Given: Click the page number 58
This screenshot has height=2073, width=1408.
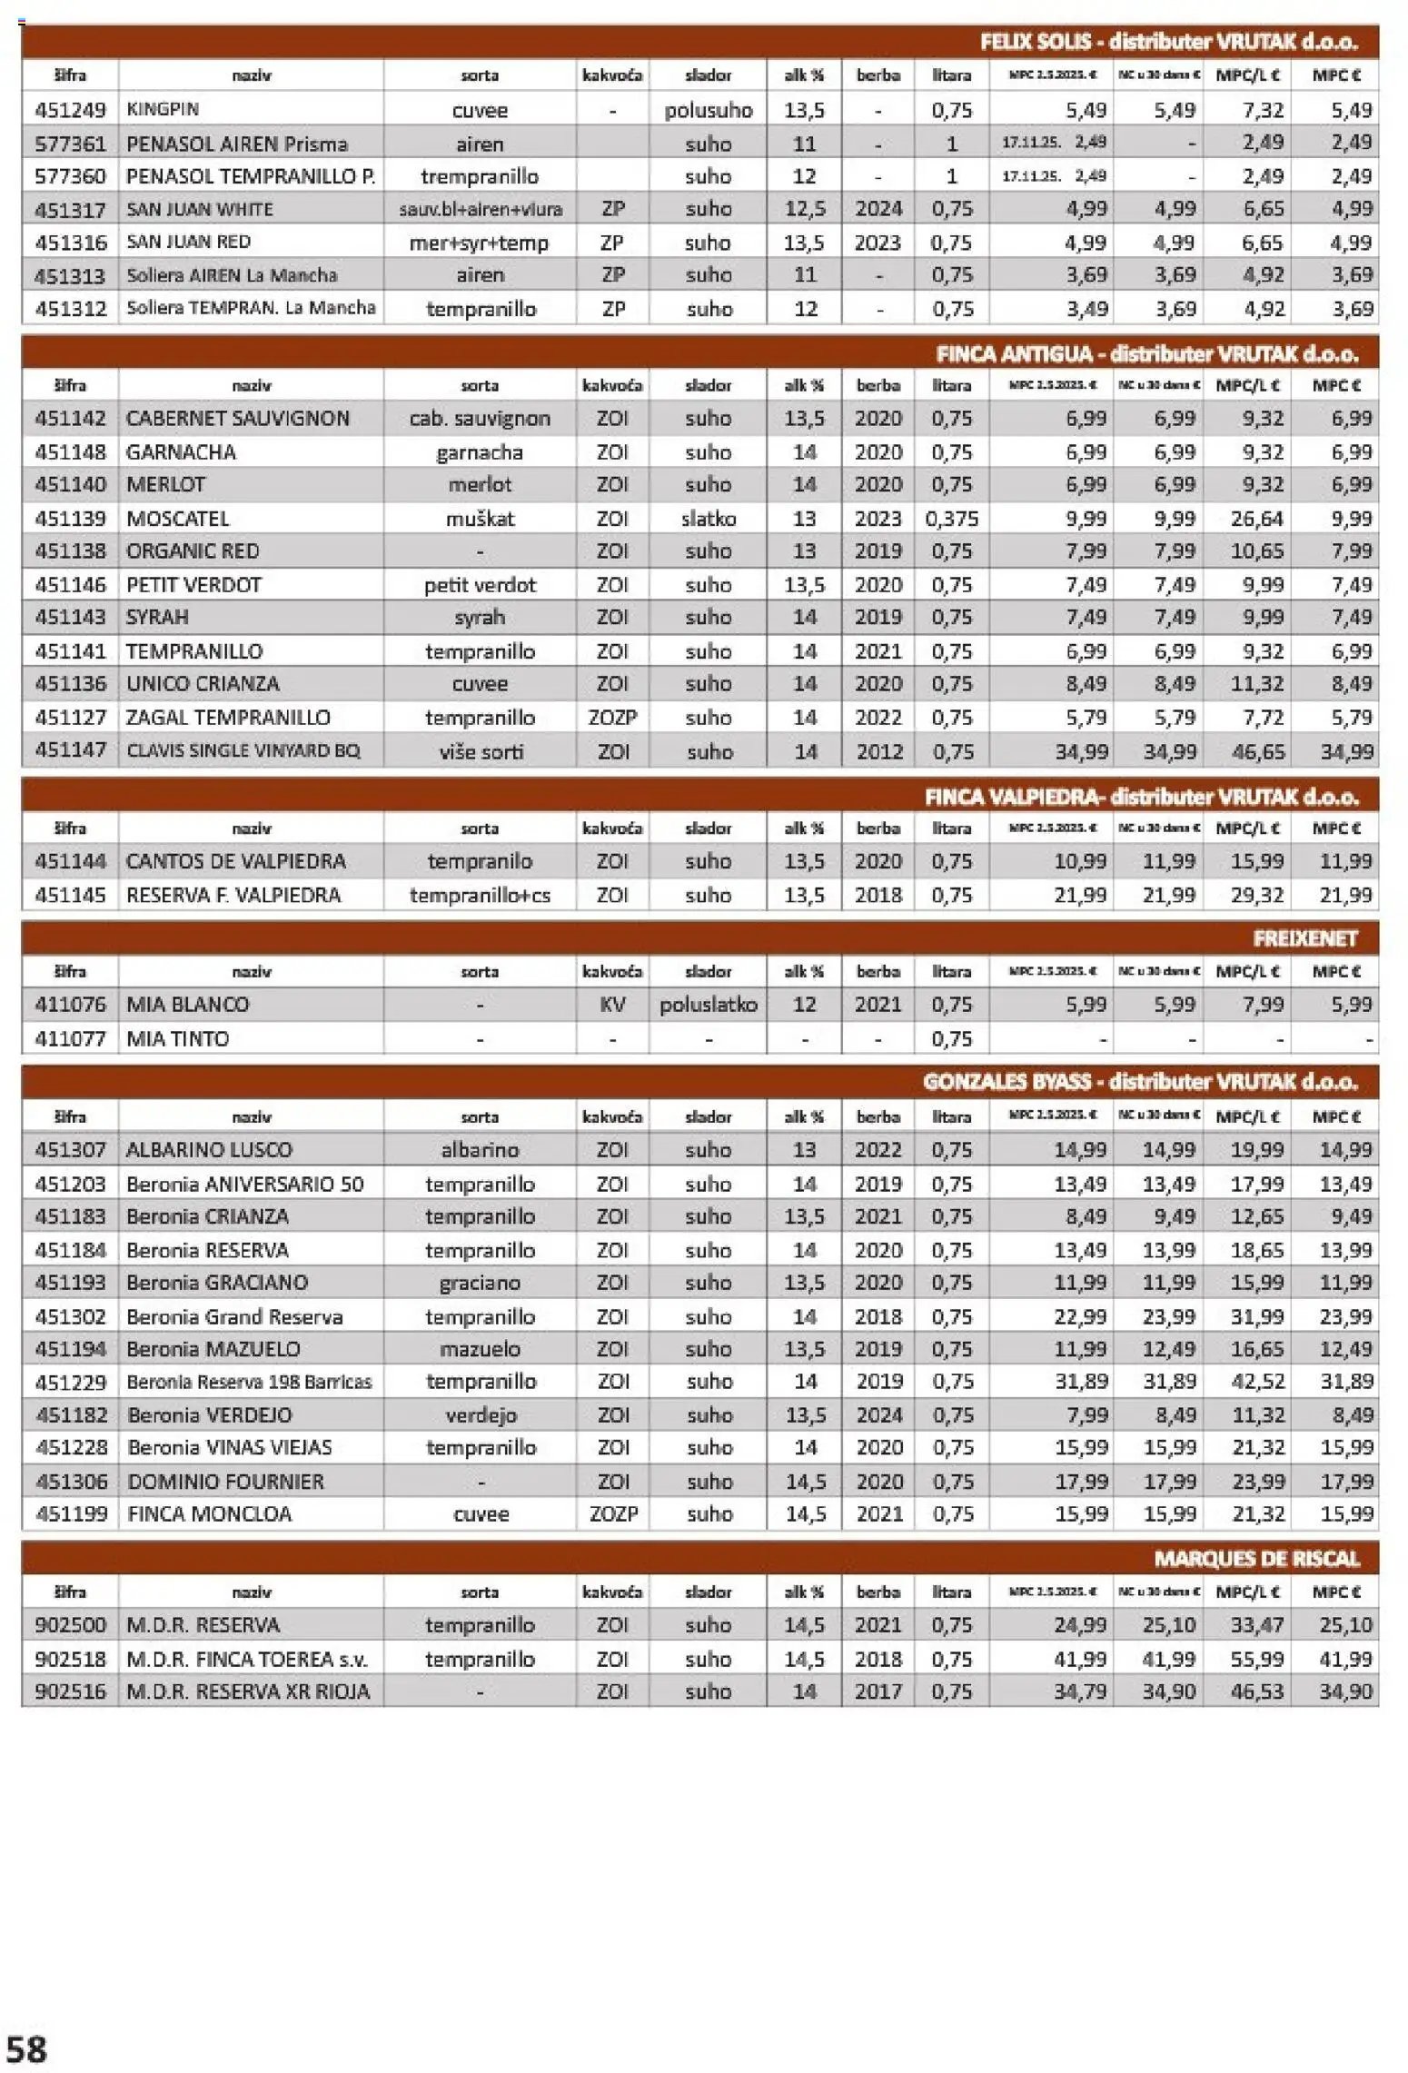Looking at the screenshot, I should (x=26, y=2048).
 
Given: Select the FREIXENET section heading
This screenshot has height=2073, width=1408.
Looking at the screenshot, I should (x=1304, y=938).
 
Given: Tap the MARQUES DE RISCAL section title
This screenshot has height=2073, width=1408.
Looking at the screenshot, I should (x=1256, y=1559).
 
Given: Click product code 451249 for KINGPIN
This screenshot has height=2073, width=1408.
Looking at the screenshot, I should (x=70, y=110).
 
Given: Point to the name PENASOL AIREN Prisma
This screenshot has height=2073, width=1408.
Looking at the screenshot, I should (x=236, y=144).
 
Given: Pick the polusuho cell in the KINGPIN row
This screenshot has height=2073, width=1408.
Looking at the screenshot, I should (x=708, y=110).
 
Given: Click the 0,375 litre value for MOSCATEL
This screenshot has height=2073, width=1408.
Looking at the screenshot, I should (x=951, y=519).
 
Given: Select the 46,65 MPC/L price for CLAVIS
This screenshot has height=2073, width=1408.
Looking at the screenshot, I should (x=1257, y=751).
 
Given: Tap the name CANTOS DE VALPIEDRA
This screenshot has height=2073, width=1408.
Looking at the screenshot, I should (x=235, y=861).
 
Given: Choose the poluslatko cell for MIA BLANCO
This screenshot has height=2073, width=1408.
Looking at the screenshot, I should (x=708, y=1005).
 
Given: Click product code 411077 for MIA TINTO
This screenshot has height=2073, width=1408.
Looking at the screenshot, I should (x=70, y=1038).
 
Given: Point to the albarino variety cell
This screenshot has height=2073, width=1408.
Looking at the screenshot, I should (x=480, y=1150).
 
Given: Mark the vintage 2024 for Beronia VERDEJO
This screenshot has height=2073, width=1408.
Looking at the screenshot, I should (x=878, y=1415).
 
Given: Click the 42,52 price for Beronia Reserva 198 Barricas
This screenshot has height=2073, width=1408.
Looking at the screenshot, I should (x=1257, y=1382).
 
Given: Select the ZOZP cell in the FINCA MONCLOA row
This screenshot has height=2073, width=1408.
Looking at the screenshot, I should (x=612, y=1514).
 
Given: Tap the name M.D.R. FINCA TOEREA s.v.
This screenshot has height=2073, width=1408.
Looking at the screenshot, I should (x=247, y=1660).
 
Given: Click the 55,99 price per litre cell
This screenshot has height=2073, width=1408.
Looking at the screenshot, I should (x=1257, y=1660).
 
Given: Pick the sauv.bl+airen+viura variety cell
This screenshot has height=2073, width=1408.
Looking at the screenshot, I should (x=480, y=209).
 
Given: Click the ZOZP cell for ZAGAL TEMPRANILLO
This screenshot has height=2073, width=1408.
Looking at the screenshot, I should (x=612, y=718).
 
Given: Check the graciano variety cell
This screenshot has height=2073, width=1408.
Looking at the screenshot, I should (x=480, y=1283).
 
